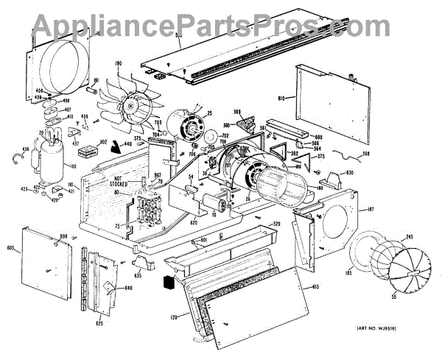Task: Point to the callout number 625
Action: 99,322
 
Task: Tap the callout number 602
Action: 104,143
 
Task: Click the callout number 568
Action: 366,154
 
